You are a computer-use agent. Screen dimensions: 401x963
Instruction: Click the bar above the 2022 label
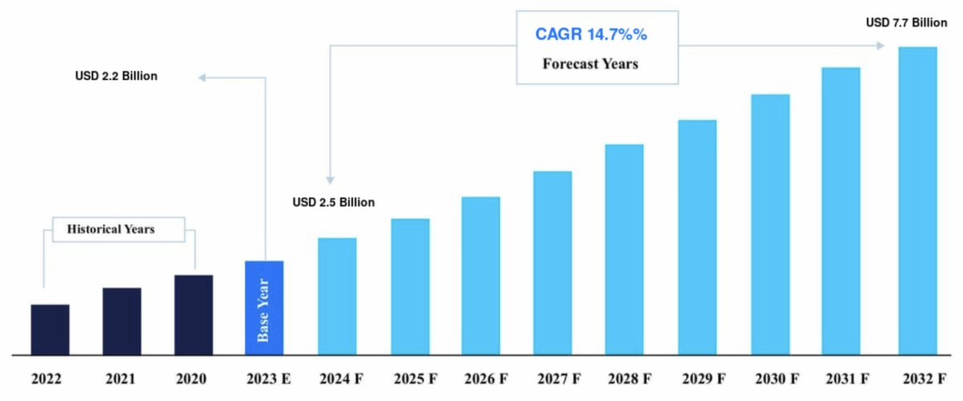(50, 329)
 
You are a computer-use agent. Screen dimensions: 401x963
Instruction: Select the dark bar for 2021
(122, 321)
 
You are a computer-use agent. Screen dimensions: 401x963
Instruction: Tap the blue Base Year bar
(264, 307)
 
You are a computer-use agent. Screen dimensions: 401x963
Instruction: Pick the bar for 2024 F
(337, 296)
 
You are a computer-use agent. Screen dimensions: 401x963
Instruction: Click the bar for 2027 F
(552, 262)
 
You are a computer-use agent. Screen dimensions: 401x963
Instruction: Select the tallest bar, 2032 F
(917, 200)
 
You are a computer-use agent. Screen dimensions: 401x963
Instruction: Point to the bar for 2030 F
(770, 225)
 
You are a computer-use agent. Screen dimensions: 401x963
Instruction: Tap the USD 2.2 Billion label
(116, 77)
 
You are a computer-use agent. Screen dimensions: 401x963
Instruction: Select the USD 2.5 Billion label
(333, 202)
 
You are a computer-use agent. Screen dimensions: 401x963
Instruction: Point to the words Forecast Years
(590, 63)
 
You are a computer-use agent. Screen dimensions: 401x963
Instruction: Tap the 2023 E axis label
(264, 378)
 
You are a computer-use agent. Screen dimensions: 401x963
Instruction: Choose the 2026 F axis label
(481, 378)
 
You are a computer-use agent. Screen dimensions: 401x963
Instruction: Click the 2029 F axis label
(697, 378)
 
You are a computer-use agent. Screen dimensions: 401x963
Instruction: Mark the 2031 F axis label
(841, 378)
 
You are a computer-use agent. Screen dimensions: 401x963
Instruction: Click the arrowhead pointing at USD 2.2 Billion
(204, 77)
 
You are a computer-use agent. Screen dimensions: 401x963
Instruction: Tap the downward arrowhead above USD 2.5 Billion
(330, 180)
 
